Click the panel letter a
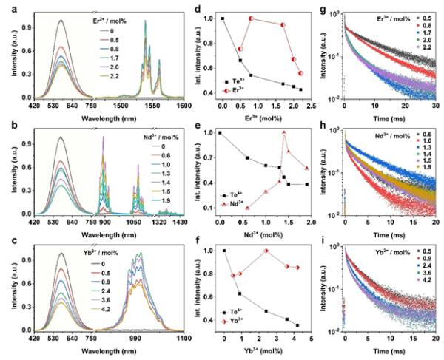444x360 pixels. [x=7, y=7]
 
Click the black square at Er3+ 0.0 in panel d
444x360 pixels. [x=223, y=18]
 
